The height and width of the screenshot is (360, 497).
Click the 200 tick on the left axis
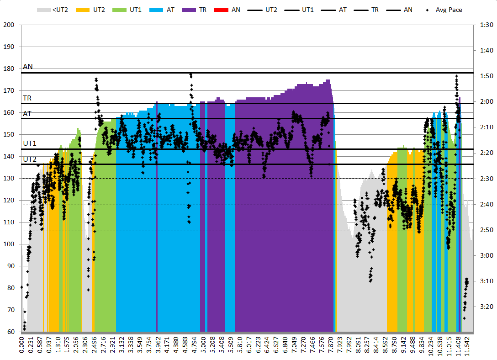tap(9, 25)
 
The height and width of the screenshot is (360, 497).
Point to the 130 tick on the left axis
tap(9, 178)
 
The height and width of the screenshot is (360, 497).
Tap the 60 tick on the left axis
tap(9, 332)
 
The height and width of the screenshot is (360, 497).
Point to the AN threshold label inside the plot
tap(28, 67)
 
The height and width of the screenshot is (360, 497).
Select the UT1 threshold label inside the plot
tap(30, 143)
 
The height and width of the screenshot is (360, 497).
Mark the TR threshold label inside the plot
tap(27, 98)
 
